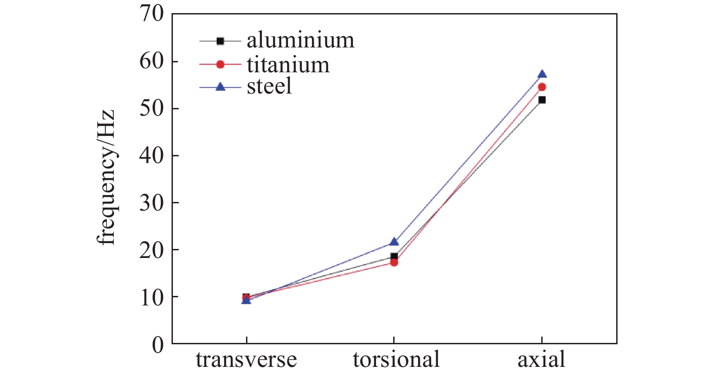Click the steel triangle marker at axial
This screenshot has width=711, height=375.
[x=542, y=74]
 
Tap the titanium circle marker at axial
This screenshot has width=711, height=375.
[x=542, y=87]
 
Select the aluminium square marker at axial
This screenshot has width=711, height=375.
[x=542, y=100]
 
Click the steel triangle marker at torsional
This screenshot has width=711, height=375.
[x=394, y=242]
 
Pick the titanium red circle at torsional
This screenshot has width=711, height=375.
[x=394, y=262]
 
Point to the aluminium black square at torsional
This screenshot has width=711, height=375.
[x=394, y=256]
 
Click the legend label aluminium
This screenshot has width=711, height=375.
[x=300, y=40]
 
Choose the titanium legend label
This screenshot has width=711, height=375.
[x=288, y=65]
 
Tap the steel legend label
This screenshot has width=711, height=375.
[x=269, y=86]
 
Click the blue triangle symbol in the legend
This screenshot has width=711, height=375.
[x=220, y=86]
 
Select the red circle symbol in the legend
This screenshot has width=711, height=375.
[x=220, y=65]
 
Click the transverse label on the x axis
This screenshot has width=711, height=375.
[x=246, y=360]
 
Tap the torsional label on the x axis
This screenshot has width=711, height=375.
[x=396, y=360]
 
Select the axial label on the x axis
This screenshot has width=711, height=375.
[x=541, y=360]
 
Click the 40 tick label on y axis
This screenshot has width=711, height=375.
[x=152, y=155]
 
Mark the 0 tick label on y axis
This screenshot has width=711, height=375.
[x=158, y=345]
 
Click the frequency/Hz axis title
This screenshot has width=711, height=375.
[x=107, y=177]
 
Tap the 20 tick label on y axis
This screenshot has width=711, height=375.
[x=152, y=250]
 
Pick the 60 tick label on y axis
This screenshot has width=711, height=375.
[x=152, y=61]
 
